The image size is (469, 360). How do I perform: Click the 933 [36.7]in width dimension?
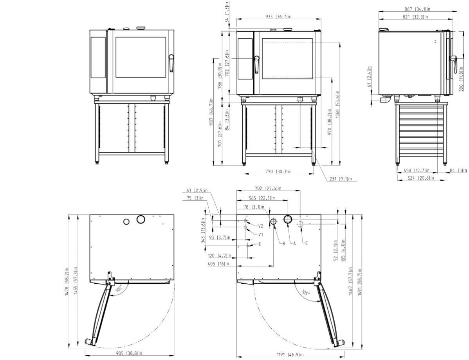278,17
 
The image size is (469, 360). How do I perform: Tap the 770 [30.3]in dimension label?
278,172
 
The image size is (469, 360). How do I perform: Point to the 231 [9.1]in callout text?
341,179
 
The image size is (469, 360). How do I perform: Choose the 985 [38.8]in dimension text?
129,353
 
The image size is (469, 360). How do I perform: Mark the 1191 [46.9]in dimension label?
290,355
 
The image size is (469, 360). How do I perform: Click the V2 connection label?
260,226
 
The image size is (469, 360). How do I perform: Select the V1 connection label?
260,234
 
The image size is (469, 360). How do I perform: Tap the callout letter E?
260,244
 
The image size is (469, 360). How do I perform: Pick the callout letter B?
284,243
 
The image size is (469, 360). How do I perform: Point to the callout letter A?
294,243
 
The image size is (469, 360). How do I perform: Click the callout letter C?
306,243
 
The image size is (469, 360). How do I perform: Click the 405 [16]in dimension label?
218,264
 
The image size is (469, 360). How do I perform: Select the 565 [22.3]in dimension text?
262,198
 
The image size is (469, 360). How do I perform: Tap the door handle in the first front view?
171,63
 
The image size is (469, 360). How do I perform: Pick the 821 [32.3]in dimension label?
415,17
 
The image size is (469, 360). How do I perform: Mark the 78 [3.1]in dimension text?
254,207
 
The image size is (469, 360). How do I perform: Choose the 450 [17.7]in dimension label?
417,171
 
